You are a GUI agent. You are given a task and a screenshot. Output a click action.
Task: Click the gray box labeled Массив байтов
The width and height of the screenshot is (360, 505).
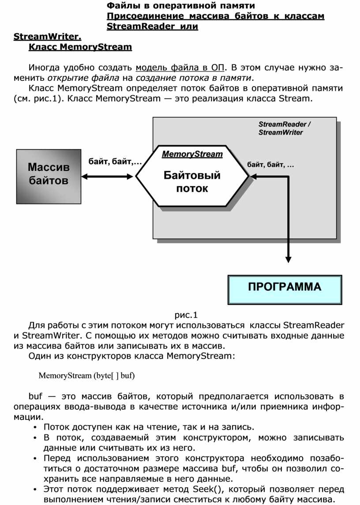(x=49, y=176)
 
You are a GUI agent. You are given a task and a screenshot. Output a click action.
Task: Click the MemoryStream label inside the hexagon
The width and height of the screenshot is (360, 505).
(x=192, y=155)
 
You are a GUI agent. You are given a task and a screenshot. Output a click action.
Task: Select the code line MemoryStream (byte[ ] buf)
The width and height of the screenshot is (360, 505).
(x=86, y=376)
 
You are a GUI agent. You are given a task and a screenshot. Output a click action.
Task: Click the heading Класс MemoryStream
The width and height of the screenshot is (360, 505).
(x=80, y=46)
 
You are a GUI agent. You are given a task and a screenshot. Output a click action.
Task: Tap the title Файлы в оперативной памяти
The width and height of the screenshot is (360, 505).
(x=181, y=6)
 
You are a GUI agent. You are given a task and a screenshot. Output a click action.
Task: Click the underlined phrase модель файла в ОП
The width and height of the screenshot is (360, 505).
(x=180, y=68)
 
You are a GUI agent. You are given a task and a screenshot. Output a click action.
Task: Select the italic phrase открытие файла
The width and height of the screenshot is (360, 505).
(x=83, y=79)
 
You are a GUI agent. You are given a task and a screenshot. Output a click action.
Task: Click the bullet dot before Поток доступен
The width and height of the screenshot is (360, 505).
(x=35, y=427)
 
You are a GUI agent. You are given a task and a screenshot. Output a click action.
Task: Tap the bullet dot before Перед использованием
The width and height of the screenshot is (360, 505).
(x=35, y=458)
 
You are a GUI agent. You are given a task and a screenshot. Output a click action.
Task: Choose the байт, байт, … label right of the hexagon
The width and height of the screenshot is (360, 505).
(x=270, y=165)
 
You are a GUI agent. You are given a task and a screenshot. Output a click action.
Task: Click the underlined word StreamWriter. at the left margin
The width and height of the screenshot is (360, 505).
(x=48, y=36)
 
